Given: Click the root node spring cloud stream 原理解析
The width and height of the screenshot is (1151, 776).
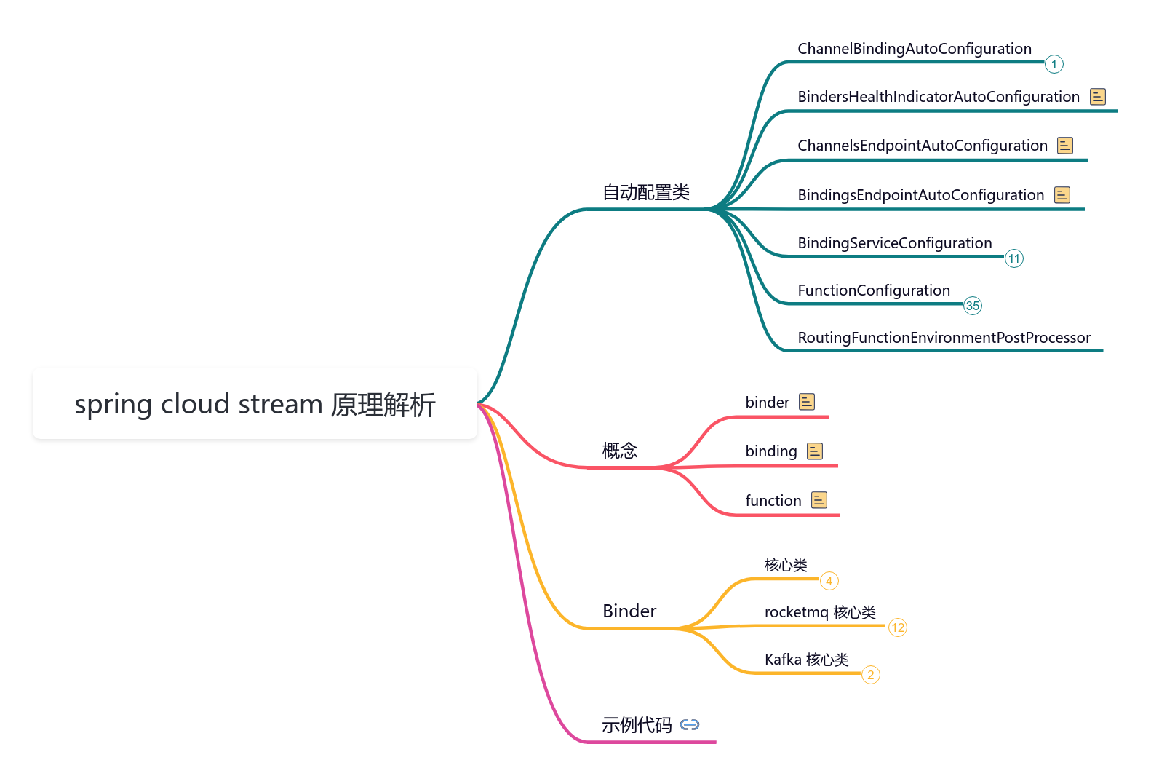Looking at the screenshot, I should tap(255, 404).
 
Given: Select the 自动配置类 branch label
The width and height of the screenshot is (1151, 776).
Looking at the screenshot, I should tap(646, 192).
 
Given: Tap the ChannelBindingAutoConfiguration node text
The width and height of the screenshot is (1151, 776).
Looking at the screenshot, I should tap(914, 49).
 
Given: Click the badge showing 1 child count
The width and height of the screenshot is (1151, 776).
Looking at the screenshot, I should tap(1054, 64).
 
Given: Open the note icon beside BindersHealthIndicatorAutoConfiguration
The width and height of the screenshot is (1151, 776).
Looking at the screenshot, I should tap(1098, 96).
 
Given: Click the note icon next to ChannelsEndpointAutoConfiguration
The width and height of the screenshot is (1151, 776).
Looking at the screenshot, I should tap(1065, 145).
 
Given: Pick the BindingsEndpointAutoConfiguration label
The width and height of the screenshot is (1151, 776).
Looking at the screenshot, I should tap(920, 195).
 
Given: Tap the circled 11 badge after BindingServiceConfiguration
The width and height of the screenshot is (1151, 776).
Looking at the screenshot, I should tap(1014, 258).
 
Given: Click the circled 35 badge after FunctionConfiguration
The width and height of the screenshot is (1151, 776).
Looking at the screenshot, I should tap(973, 306).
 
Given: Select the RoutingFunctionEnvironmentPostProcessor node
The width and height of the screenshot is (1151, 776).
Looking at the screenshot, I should tap(944, 338).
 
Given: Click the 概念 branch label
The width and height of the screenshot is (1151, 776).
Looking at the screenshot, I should tap(620, 451).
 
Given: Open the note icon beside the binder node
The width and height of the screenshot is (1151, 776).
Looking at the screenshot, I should tap(807, 402).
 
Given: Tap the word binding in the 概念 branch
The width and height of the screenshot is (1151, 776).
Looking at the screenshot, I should tap(771, 451).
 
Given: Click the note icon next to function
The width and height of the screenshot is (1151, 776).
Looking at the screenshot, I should tap(819, 500).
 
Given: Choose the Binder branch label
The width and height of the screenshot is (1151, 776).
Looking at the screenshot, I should tap(629, 611).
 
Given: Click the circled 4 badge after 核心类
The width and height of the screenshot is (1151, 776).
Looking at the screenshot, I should tap(829, 581).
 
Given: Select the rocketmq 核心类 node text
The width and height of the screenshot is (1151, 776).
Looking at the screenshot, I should tap(820, 612).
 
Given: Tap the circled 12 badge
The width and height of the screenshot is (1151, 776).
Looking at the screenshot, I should tap(898, 627).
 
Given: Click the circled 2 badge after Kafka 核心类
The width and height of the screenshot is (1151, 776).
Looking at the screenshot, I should tap(871, 675).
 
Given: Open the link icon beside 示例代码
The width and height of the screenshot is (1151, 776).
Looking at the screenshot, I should tap(690, 724).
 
